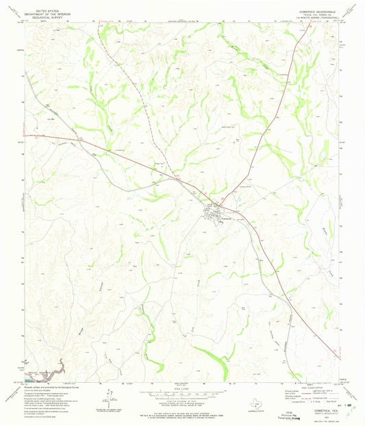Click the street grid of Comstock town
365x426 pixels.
coord(221,213)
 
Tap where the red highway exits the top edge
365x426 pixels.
coord(301,23)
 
